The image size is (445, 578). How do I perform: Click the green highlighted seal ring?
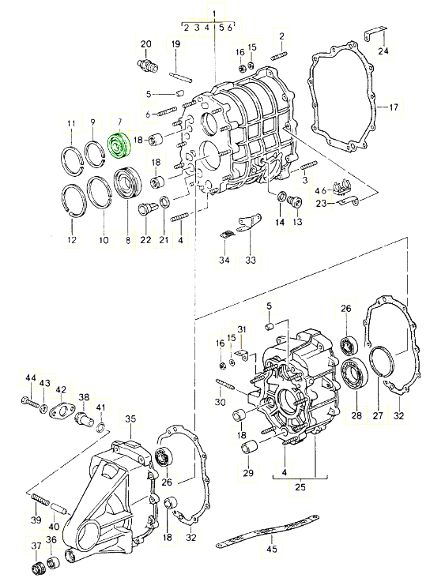(119, 145)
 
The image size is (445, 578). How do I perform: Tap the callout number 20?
(146, 44)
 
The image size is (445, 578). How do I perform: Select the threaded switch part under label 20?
(147, 65)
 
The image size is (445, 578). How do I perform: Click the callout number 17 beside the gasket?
(394, 107)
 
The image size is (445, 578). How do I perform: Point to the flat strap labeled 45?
(267, 528)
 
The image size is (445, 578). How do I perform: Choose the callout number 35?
(130, 418)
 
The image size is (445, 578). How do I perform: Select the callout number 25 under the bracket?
(300, 487)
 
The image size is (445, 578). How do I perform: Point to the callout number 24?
(383, 50)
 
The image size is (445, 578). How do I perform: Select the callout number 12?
(72, 239)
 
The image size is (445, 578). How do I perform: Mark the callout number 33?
(251, 260)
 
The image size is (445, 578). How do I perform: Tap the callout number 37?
(36, 545)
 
